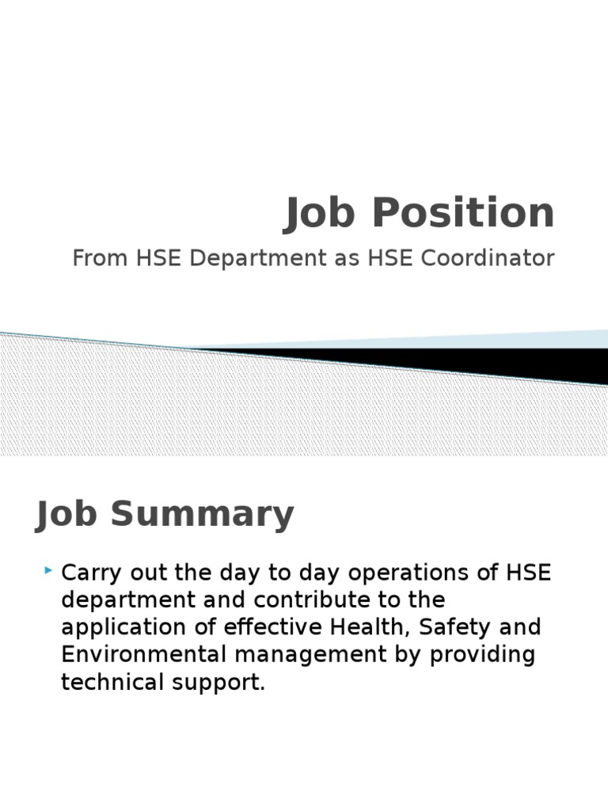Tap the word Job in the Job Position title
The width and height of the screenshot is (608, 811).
(x=317, y=213)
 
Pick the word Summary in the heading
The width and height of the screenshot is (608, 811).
(x=203, y=515)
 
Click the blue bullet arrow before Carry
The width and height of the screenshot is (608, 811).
(x=49, y=569)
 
